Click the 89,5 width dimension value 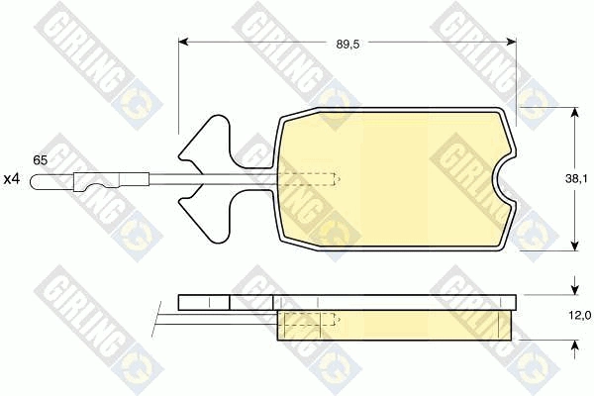347,44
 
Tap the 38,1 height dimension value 576,179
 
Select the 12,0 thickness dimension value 579,316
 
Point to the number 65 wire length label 41,160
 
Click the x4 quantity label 11,179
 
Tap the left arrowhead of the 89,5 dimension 183,42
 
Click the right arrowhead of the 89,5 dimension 511,42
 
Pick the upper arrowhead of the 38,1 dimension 575,113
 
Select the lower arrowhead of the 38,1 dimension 575,246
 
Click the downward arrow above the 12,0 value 575,286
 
